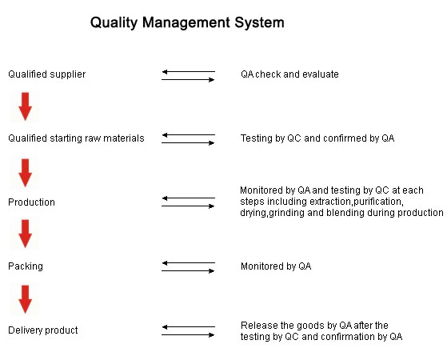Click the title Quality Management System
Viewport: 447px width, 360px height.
[x=187, y=23]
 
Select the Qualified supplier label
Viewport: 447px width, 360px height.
[x=46, y=74]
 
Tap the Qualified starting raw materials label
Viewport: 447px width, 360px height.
[x=76, y=138]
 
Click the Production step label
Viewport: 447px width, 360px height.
[x=31, y=202]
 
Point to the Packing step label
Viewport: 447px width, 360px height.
[x=26, y=266]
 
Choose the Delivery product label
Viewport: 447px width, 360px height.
[x=43, y=330]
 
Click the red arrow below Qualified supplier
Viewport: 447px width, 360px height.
[x=25, y=106]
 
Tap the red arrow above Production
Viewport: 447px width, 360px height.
[x=25, y=173]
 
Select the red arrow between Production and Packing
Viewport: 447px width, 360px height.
[x=25, y=234]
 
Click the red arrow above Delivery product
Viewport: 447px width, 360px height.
[x=25, y=299]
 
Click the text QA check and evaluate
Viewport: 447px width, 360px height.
[x=289, y=74]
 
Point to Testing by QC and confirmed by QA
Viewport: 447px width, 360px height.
[x=317, y=138]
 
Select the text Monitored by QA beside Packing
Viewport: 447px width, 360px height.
[x=276, y=266]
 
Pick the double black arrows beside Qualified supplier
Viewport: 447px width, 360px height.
[x=189, y=75]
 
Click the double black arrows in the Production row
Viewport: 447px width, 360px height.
[x=189, y=202]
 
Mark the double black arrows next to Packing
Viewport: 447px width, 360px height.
[x=189, y=266]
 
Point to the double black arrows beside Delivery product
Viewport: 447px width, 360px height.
[x=189, y=331]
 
